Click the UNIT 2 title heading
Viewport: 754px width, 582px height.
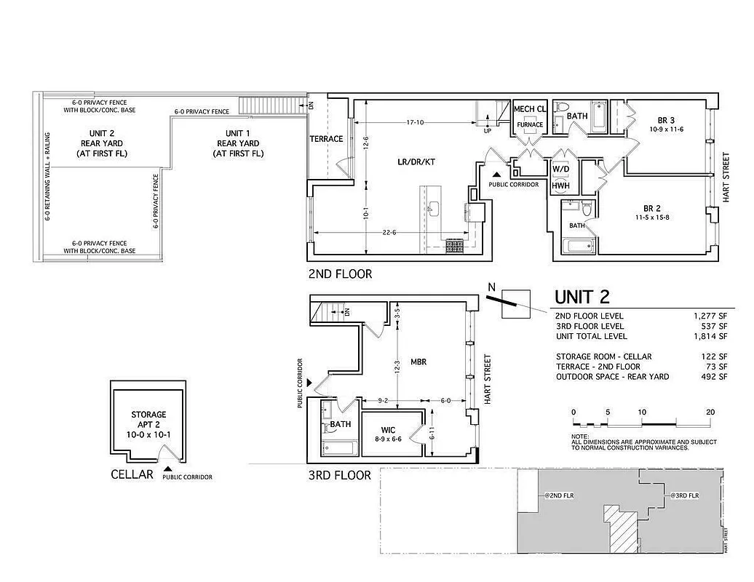tap(582, 297)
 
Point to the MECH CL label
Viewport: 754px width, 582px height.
tap(530, 109)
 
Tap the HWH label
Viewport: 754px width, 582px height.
tap(560, 186)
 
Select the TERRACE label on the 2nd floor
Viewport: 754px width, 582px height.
tap(326, 139)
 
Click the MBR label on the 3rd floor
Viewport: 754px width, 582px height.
tap(418, 361)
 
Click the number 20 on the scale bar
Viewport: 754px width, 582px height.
tap(710, 412)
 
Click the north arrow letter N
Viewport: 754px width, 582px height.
tap(492, 287)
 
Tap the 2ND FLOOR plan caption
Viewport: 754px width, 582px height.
tap(340, 274)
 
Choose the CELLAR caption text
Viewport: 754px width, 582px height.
tap(132, 474)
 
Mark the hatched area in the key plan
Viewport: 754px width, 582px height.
tap(621, 529)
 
